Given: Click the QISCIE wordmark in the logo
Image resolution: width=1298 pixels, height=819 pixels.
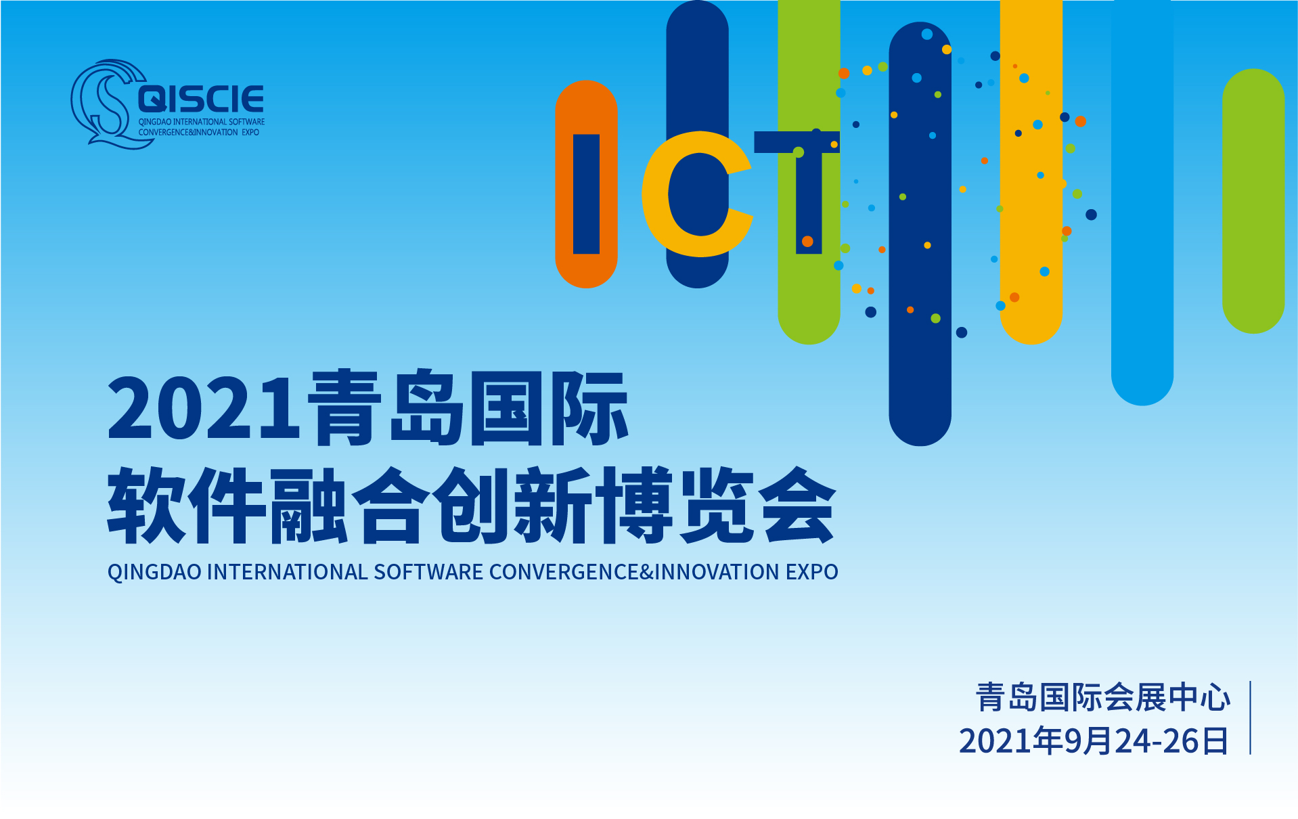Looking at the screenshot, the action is point(201,99).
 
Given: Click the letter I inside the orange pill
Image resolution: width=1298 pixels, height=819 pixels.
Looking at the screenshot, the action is point(586,194).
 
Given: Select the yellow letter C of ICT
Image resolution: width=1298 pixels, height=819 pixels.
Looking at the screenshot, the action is point(697,194).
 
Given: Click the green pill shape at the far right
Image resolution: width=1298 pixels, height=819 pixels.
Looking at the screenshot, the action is point(1253,201).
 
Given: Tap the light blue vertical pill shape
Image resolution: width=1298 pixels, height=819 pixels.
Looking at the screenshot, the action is point(1142,203).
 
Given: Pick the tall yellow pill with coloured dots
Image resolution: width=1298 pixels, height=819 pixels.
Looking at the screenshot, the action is point(1031,173).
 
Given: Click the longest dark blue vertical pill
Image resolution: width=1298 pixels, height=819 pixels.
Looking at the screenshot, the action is point(920,234).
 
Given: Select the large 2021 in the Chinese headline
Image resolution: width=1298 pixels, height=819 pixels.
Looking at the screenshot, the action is point(203,409).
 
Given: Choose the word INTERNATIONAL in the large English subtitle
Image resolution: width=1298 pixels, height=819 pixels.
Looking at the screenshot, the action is point(288,572).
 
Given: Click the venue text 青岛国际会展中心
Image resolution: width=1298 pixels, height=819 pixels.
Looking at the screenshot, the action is point(1103,697).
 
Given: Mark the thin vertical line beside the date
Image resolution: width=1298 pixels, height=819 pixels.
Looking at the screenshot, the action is point(1250,717).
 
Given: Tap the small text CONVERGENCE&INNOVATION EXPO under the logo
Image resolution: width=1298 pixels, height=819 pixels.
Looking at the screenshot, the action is point(199,133).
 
